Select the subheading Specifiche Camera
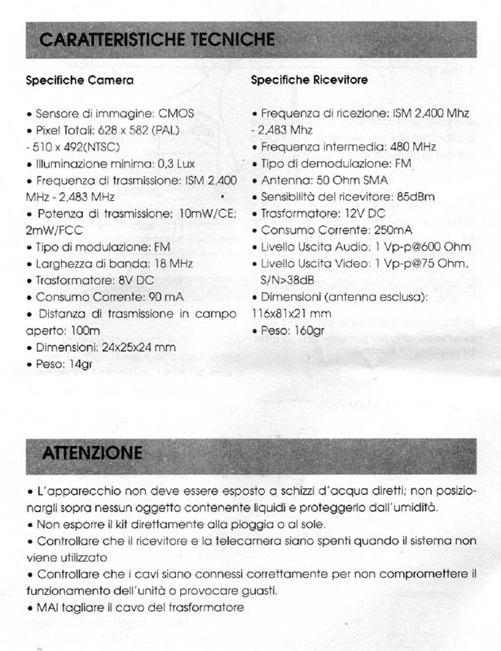(x=80, y=81)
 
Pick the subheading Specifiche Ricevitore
(x=309, y=80)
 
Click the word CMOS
(x=177, y=113)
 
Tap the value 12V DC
(x=366, y=213)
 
